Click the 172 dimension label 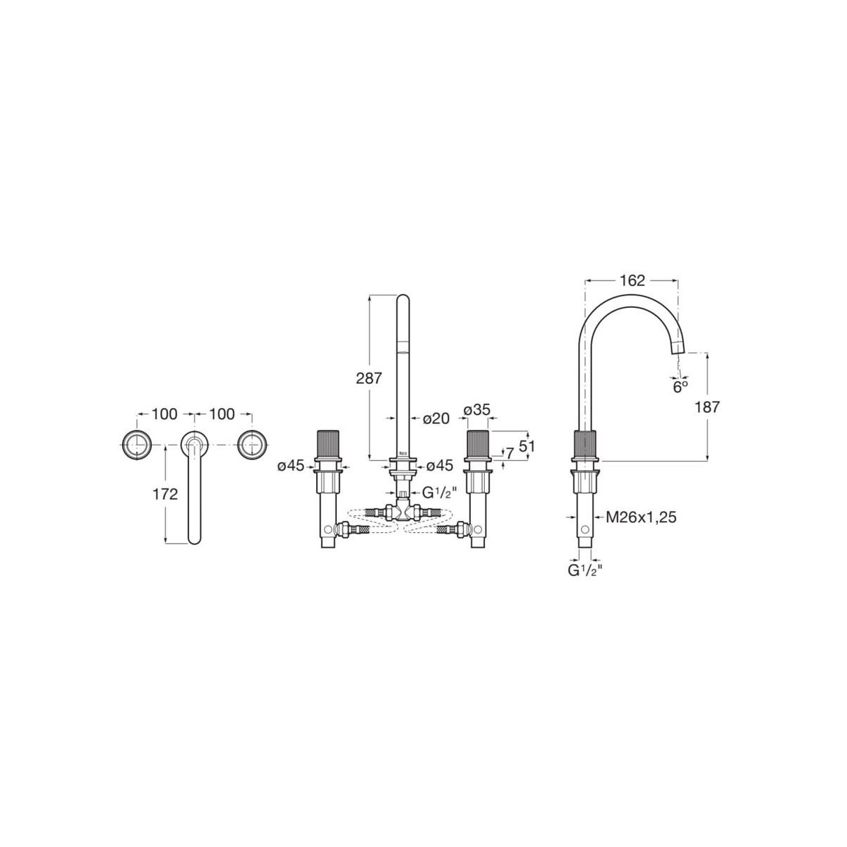coord(165,494)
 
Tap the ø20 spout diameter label coord(435,418)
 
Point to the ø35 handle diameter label coord(477,411)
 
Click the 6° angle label coord(679,386)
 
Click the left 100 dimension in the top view coord(164,414)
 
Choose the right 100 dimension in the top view coord(222,414)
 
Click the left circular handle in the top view coord(136,443)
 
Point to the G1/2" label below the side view coord(584,570)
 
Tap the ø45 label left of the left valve coord(290,465)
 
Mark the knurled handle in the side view coord(585,443)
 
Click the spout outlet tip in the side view coord(680,348)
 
